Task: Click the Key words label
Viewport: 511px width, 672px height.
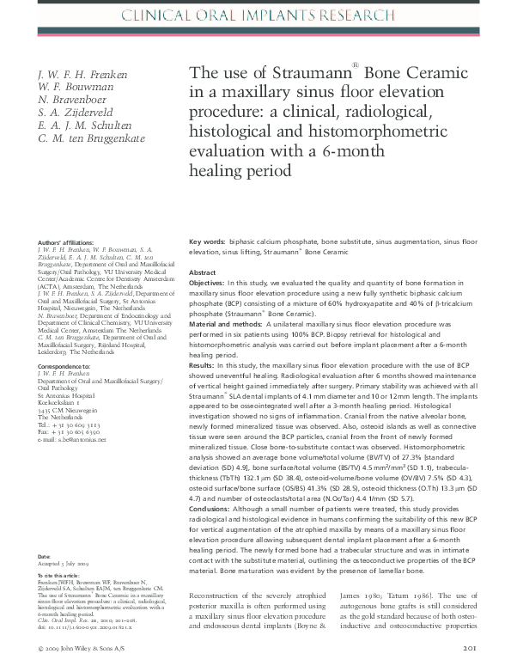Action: [x=206, y=243]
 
